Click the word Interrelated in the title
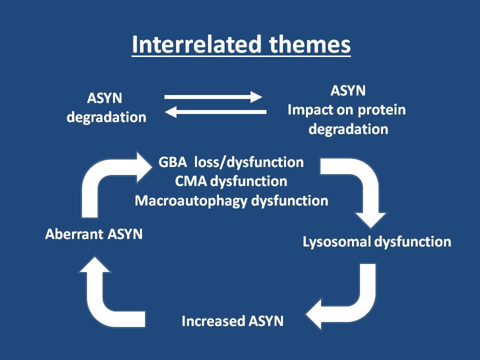coord(197,44)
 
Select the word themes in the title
coord(310,44)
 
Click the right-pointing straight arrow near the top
coord(213,97)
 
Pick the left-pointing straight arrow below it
coord(215,112)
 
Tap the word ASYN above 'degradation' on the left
coord(104,98)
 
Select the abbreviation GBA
coord(172,162)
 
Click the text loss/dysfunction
coord(249,162)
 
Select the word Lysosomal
coord(336,242)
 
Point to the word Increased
coord(213,321)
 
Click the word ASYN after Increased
coord(266,321)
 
